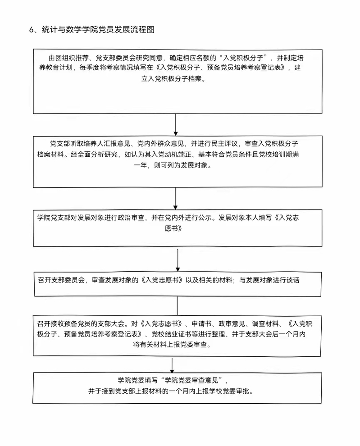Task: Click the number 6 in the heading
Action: coord(31,30)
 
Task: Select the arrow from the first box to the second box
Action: coord(176,125)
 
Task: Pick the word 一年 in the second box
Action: coord(140,165)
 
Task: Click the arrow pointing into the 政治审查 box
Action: coord(175,199)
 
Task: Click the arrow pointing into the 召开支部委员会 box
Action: coord(178,260)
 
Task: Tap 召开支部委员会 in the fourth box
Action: coord(61,280)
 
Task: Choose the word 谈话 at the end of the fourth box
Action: coord(293,280)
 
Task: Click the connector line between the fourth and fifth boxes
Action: coord(177,306)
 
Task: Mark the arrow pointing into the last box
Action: coord(172,365)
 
